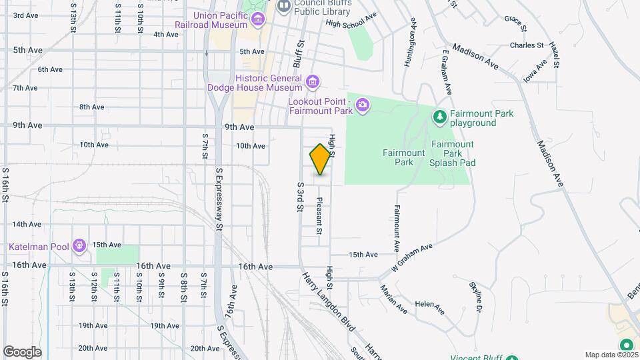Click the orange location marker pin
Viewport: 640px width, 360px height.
320,159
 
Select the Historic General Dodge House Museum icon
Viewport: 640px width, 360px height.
312,83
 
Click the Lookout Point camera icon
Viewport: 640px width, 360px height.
363,104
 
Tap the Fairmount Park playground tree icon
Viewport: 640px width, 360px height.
439,117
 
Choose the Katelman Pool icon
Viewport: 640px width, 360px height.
79,247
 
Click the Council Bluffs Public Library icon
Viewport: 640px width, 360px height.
283,6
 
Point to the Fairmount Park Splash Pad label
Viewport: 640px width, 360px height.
452,153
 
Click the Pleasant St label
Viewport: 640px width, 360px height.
319,216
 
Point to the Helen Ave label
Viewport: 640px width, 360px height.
429,307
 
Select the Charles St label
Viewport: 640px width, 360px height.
527,45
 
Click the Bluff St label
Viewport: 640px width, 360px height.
298,53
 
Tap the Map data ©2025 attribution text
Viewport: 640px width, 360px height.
609,355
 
